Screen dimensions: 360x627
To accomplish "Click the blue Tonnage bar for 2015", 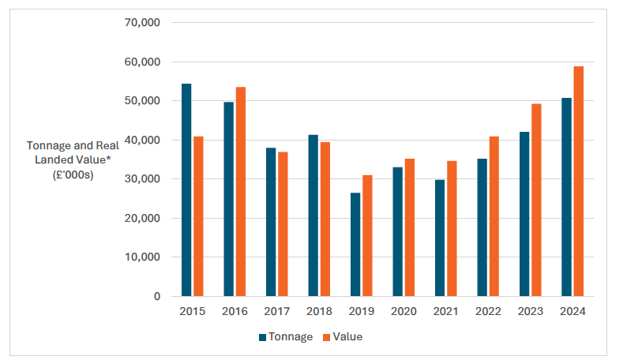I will tap(186, 189).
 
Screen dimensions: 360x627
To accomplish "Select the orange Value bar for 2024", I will tap(578, 181).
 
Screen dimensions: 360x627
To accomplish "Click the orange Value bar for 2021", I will tap(451, 228).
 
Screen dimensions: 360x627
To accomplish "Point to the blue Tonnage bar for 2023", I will tap(524, 213).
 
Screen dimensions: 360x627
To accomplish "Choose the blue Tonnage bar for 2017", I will tap(271, 222).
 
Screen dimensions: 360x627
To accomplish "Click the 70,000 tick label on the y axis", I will tap(143, 23).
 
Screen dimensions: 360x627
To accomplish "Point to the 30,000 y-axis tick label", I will tap(143, 179).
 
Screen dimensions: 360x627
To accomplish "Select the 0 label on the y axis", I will tap(157, 297).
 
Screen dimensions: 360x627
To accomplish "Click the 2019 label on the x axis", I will tap(361, 312).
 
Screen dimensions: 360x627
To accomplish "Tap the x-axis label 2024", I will tap(573, 312).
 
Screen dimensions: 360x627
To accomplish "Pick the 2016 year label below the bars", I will tap(235, 312).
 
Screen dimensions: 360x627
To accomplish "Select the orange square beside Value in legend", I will tap(325, 337).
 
